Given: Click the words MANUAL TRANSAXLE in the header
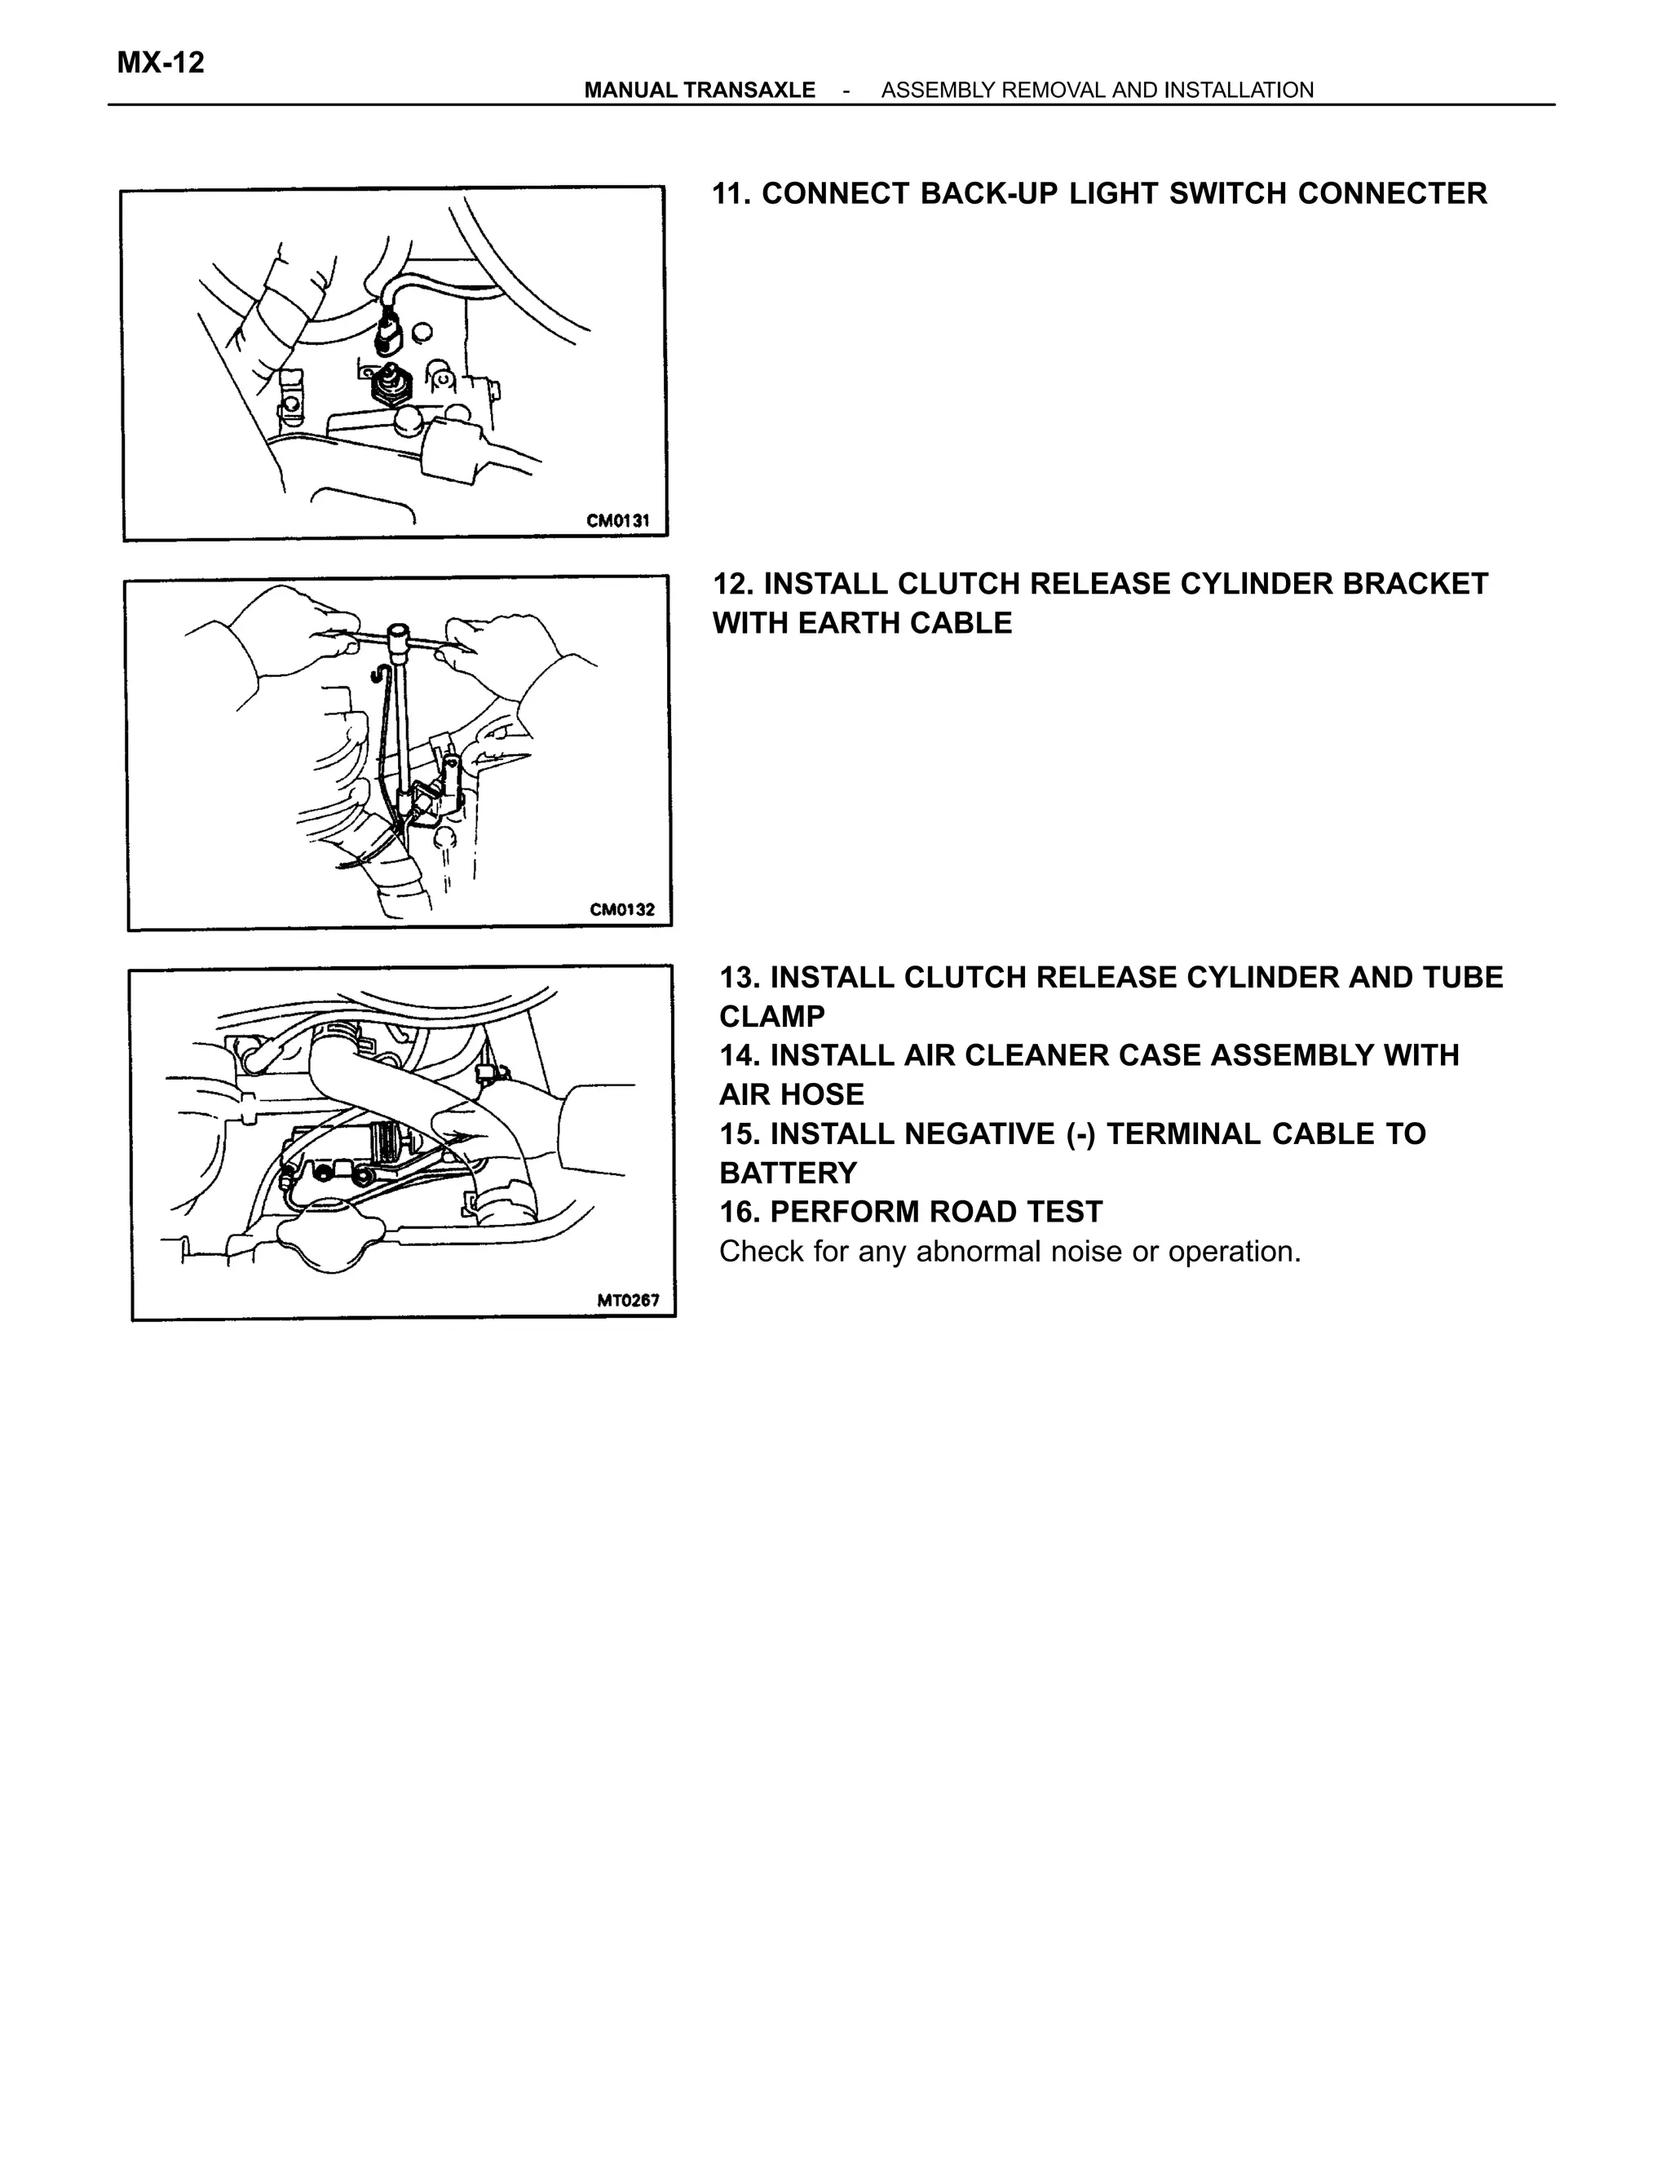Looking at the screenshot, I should click(x=700, y=90).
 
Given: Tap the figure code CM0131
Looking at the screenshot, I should click(x=617, y=520).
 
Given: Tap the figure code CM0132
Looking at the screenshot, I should click(x=621, y=909).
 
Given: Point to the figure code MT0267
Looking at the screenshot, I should click(x=627, y=1300).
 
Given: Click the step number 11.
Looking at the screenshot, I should click(x=732, y=194).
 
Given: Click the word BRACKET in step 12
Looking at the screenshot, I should click(x=1415, y=584).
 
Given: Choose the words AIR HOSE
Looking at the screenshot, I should click(x=792, y=1094).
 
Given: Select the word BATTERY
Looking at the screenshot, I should click(x=788, y=1173).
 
